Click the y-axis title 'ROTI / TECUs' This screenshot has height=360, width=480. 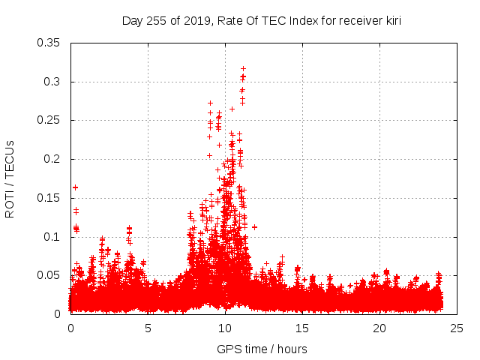10,178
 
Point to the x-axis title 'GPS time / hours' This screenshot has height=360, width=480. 262,349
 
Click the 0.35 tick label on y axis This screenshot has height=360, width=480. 49,43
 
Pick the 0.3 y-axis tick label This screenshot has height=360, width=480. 52,82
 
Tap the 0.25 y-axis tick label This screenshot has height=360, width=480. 49,120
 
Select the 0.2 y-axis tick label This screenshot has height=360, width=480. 52,159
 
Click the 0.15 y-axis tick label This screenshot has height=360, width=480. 49,198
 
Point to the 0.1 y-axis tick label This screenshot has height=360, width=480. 52,236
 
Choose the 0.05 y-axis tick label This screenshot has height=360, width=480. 49,275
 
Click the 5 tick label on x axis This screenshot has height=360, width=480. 148,328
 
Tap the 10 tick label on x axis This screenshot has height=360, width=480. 225,328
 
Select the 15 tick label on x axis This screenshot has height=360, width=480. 302,328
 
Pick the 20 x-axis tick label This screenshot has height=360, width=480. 379,328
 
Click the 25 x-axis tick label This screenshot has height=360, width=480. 457,328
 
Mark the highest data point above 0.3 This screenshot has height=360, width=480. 243,68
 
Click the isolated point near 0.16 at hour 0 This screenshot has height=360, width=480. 75,187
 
